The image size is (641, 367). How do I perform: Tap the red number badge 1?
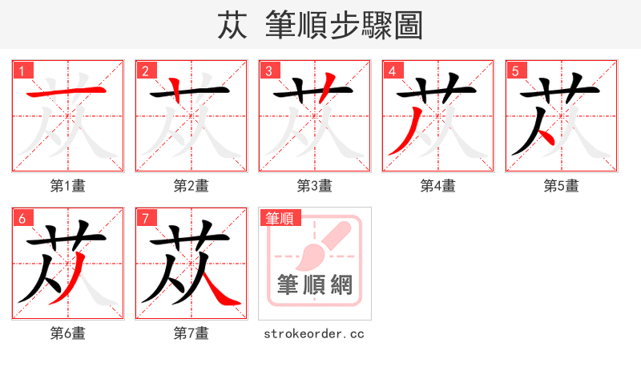click(22, 71)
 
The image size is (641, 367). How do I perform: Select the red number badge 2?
click(145, 71)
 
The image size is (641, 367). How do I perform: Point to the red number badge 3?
click(268, 71)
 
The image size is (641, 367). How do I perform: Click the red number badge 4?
click(392, 71)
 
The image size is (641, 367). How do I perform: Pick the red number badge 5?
click(515, 71)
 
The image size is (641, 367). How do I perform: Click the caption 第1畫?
click(68, 186)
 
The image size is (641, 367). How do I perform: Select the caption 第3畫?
click(315, 186)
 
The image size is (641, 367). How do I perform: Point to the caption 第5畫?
click(562, 186)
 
